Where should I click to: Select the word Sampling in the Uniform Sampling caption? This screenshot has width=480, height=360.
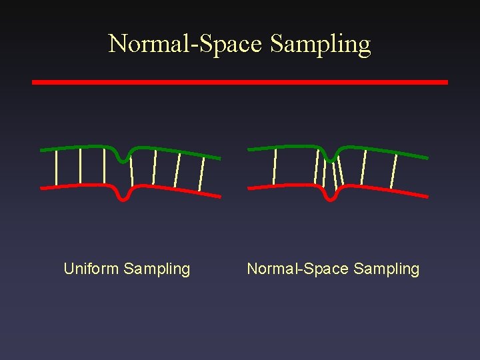(157, 269)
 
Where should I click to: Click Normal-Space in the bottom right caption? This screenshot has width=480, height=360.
(298, 269)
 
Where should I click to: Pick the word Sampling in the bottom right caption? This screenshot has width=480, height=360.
(387, 269)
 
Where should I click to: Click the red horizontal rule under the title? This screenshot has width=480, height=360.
(240, 82)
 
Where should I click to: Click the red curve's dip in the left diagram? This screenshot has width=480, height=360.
(123, 197)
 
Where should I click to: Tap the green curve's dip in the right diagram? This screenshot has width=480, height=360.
(331, 159)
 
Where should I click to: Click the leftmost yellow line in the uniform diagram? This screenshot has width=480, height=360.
(57, 167)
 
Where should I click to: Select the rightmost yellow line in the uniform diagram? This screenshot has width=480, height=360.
(201, 174)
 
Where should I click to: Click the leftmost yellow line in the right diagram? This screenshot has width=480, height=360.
(275, 165)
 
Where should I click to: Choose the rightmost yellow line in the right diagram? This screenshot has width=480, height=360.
(394, 171)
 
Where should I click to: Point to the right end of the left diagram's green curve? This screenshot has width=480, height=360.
(219, 157)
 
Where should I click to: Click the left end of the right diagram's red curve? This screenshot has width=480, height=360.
(249, 187)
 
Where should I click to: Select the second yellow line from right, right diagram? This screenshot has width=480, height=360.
(363, 167)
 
